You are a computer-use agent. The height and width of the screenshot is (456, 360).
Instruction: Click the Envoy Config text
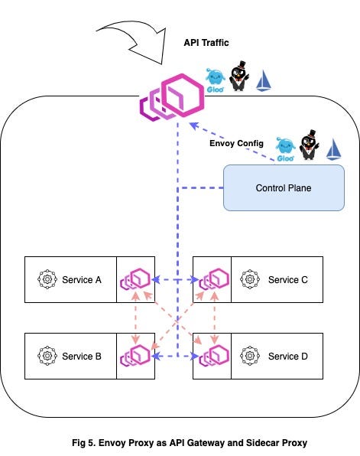coord(236,143)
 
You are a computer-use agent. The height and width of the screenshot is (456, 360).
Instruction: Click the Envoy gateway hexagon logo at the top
coord(171,97)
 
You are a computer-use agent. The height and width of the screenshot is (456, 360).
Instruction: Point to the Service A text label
coord(82,279)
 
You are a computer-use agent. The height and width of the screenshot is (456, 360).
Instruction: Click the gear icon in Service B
coord(47,356)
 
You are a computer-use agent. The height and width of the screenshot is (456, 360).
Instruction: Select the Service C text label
coord(287,279)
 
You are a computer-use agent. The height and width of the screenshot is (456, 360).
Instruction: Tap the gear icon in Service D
coord(248,356)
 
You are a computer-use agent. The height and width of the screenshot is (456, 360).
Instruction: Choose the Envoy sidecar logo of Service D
coord(213,356)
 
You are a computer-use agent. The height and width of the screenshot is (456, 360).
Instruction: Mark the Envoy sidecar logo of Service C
coord(213,280)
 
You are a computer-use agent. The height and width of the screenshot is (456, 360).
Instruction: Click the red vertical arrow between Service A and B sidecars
coord(135,318)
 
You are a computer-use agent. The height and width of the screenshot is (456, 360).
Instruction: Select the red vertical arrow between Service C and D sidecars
coord(212,318)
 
